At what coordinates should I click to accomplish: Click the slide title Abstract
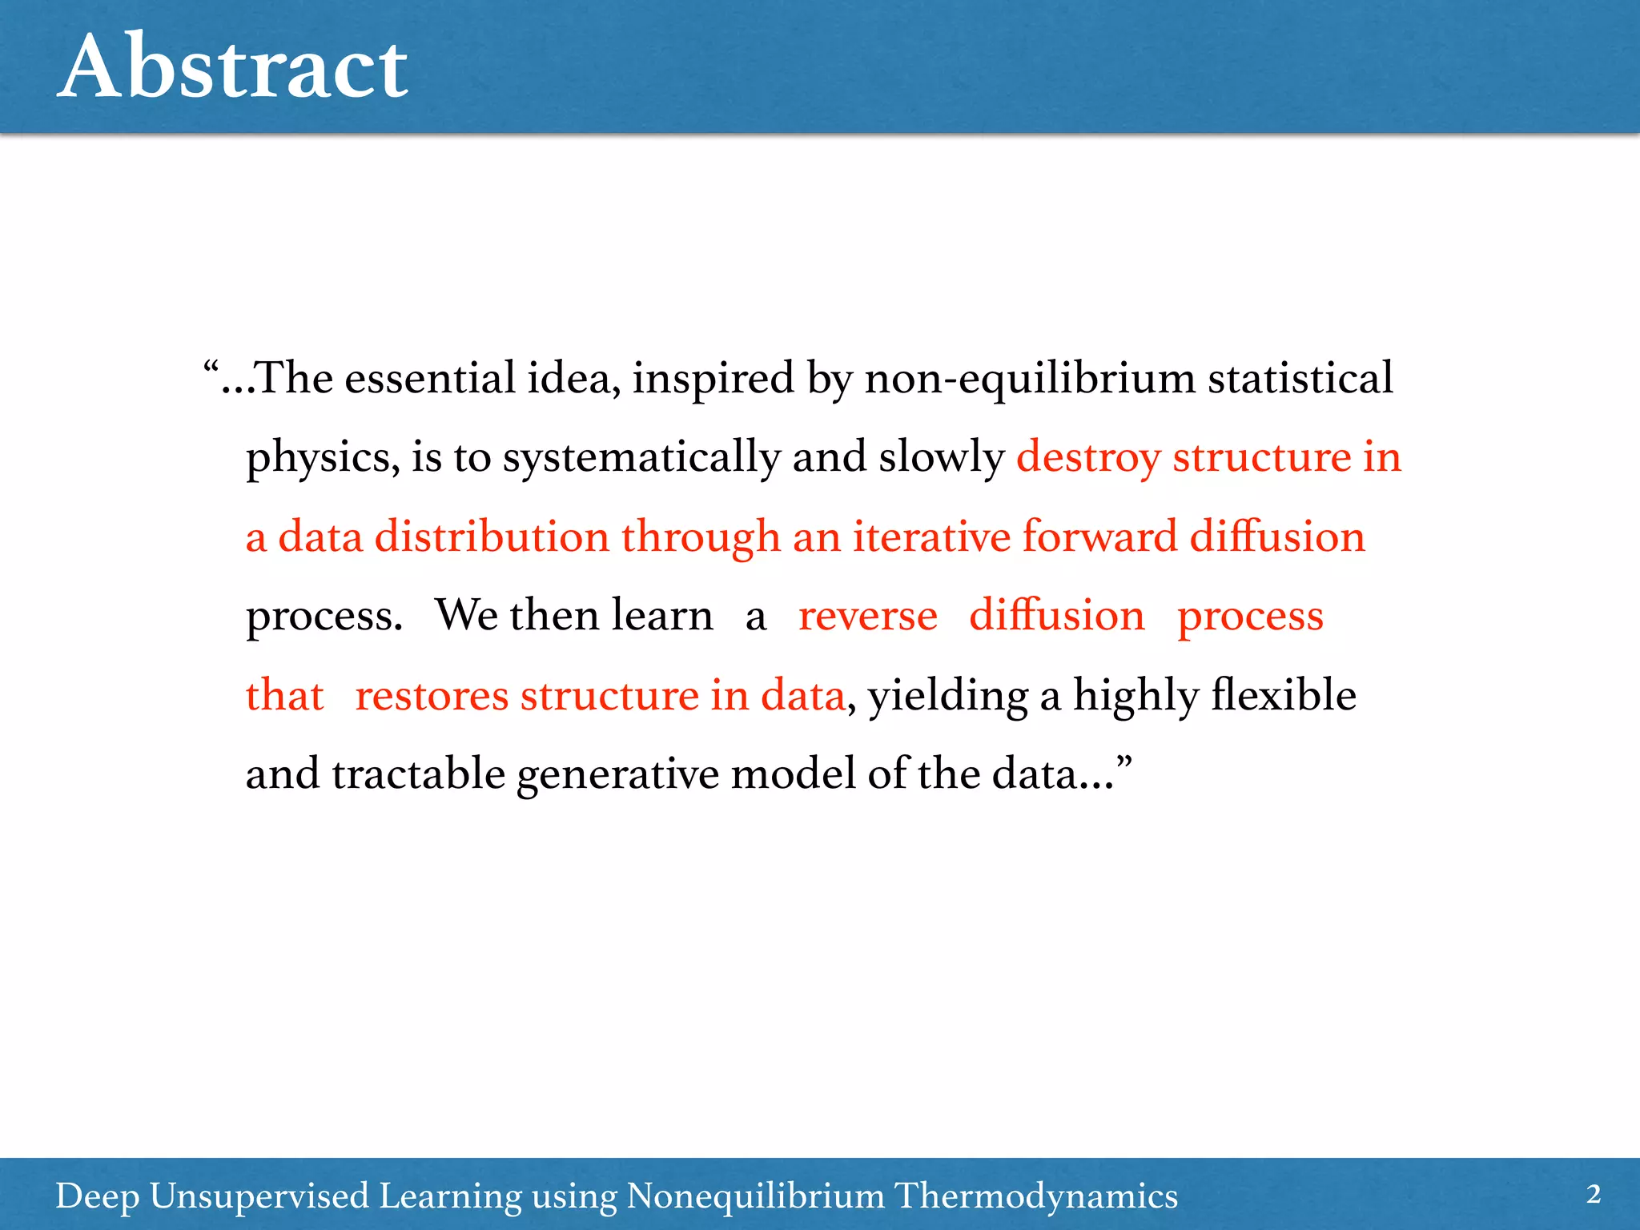click(x=233, y=67)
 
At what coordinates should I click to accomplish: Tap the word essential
click(x=429, y=378)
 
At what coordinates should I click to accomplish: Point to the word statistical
click(x=1300, y=378)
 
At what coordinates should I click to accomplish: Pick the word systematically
click(x=641, y=458)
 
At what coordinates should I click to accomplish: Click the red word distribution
click(x=492, y=537)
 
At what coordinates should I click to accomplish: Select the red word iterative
click(x=931, y=537)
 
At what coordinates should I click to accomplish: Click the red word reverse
click(x=867, y=617)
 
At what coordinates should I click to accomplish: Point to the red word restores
click(x=432, y=695)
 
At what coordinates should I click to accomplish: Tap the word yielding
click(x=948, y=695)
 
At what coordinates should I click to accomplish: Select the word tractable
click(x=418, y=774)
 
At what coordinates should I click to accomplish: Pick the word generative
click(x=617, y=774)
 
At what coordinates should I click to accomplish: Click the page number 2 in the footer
click(x=1593, y=1194)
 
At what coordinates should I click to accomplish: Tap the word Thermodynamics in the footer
click(x=1035, y=1196)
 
